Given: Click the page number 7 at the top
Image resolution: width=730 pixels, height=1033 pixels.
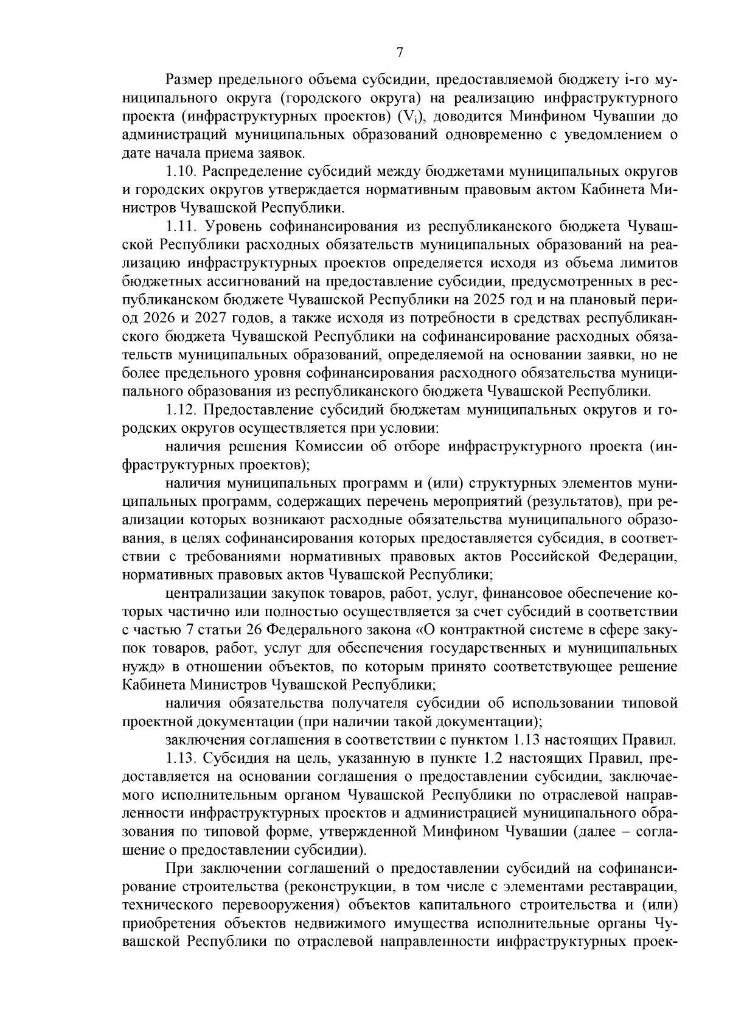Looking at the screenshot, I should pos(400,52).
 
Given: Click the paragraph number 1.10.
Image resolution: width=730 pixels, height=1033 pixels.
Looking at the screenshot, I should pos(182,172).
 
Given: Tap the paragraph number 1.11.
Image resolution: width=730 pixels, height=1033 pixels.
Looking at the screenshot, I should pos(181,226).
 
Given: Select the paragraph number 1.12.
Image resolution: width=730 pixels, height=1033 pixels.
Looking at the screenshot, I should pos(182,410).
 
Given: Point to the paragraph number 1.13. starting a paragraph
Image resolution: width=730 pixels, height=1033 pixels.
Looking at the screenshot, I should pos(181,759).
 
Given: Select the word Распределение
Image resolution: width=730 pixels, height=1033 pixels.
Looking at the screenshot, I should pos(262,172).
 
